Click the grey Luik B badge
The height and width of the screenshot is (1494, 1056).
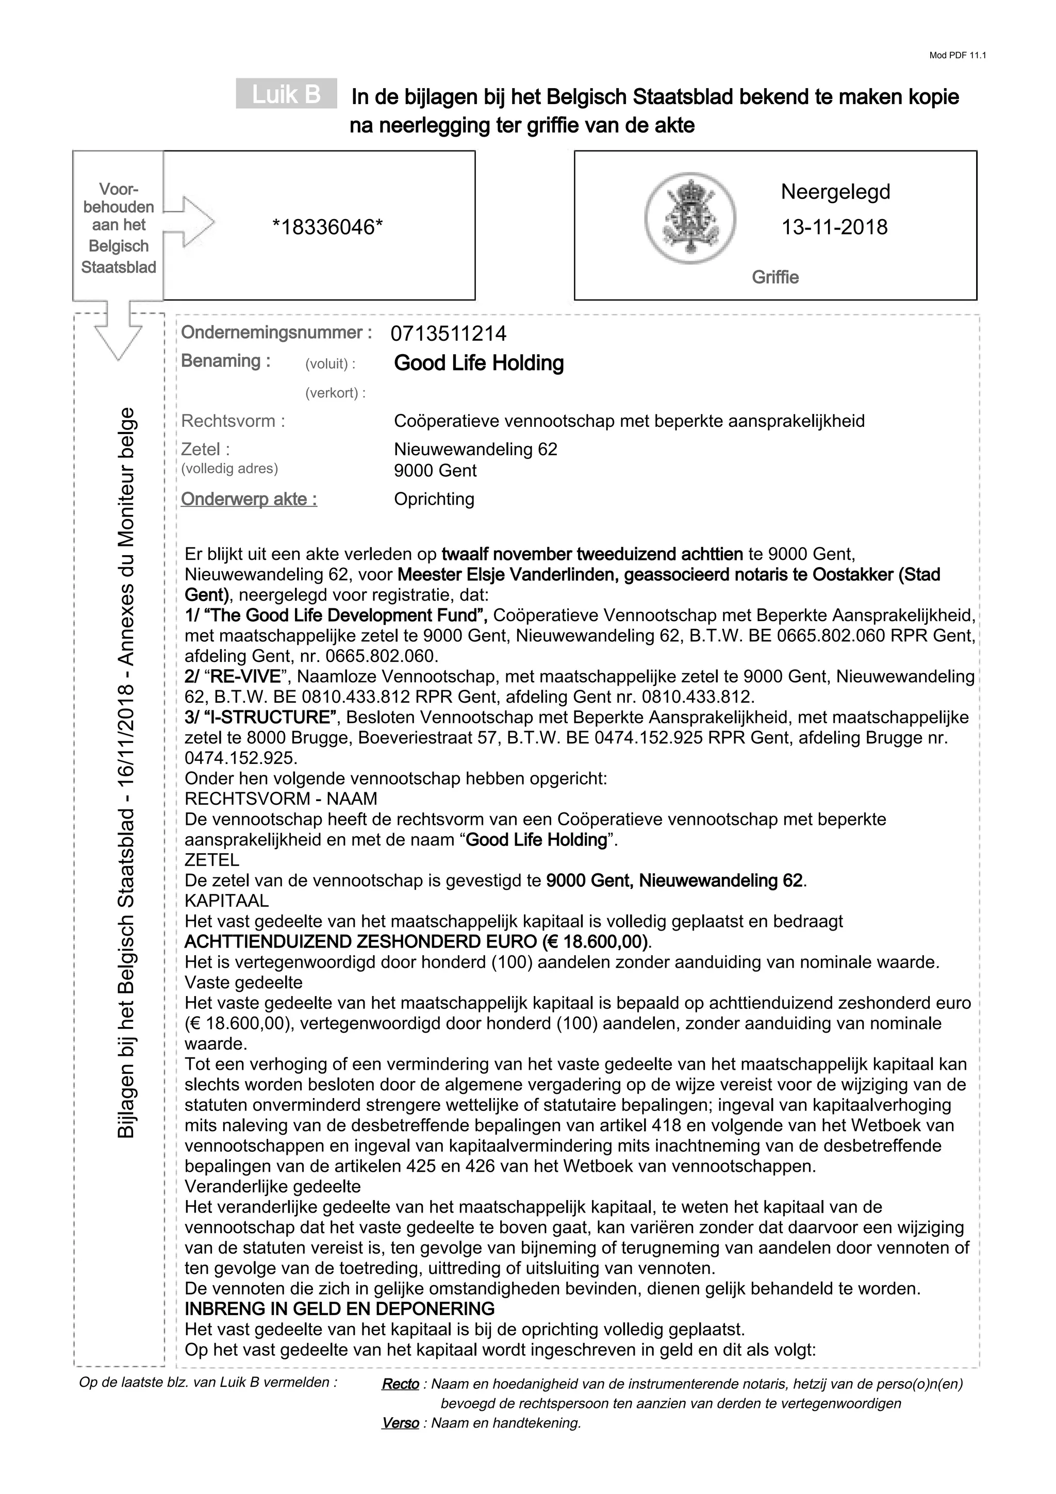coord(286,94)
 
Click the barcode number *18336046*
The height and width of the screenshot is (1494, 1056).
coord(327,227)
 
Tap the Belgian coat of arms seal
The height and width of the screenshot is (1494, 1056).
coord(690,218)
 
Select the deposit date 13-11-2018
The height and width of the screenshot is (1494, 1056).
coord(834,227)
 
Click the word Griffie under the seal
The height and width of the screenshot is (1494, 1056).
coord(775,277)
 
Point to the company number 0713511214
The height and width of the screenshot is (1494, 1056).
coord(448,334)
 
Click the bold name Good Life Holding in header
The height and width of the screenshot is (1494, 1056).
coord(479,363)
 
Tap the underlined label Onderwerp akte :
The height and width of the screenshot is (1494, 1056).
coord(249,499)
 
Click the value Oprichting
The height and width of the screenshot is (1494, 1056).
coord(434,499)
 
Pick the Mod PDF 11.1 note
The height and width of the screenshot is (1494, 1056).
coord(958,55)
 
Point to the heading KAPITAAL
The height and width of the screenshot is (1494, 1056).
coord(226,901)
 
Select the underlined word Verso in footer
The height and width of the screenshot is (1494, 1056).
coord(400,1423)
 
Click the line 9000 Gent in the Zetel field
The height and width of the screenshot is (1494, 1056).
coord(435,471)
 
